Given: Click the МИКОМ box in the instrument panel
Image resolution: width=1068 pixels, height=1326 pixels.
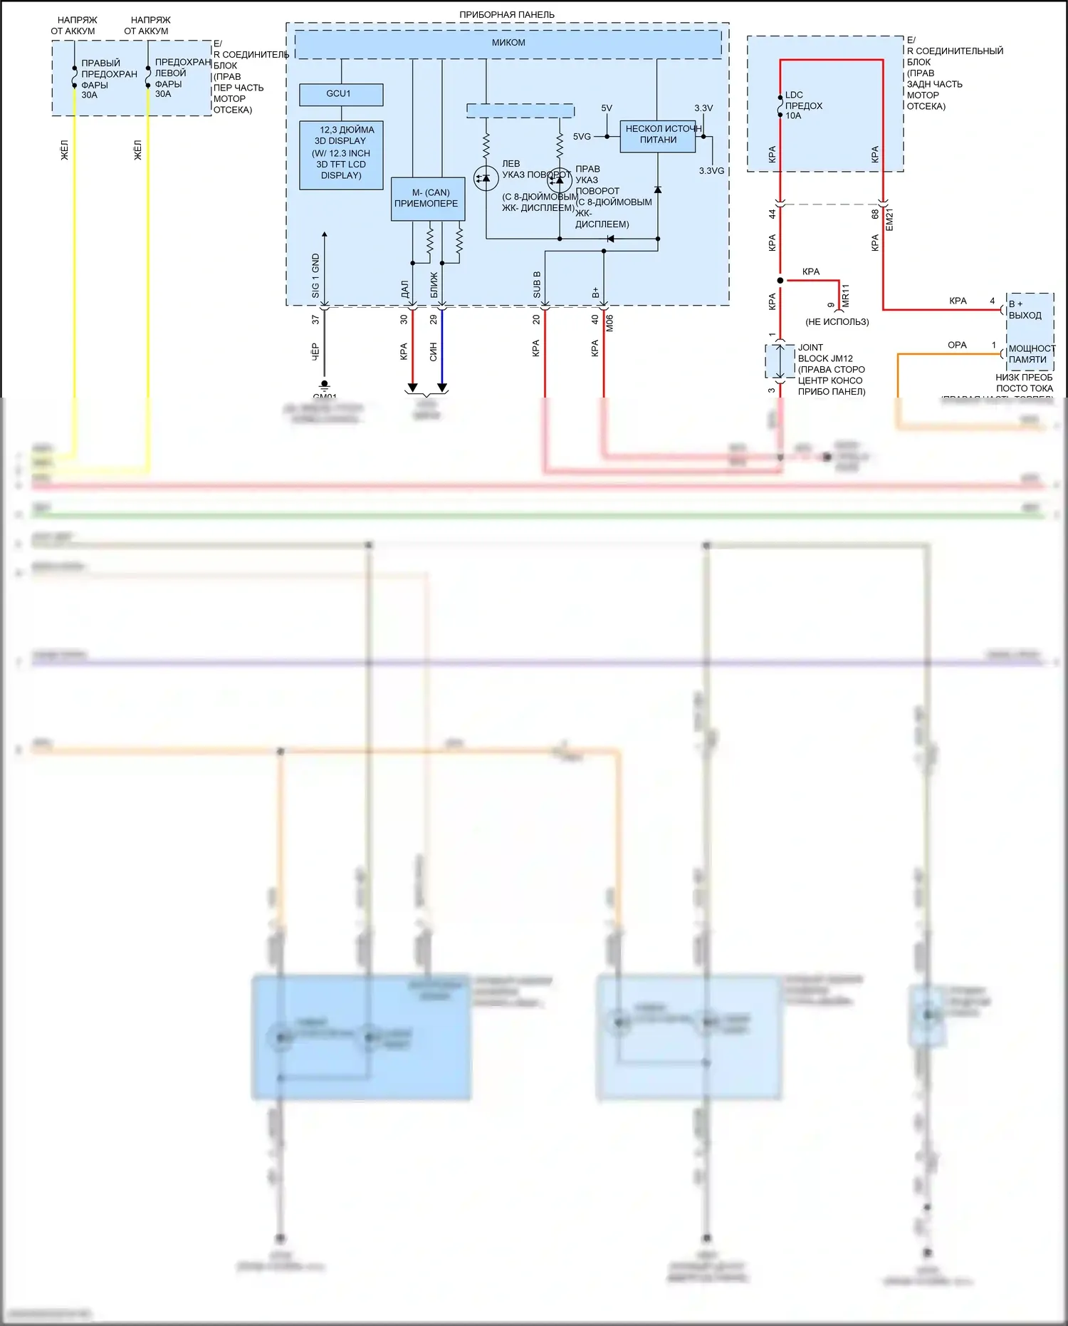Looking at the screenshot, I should [508, 43].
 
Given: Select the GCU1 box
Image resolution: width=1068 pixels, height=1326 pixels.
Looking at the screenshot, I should [340, 94].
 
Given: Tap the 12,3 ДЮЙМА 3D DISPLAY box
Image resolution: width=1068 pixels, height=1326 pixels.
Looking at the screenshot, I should [341, 153].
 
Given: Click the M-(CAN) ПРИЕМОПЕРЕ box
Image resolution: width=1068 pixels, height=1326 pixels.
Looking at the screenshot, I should [426, 199].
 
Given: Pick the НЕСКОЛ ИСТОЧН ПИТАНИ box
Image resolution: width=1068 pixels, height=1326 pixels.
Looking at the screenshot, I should [658, 135].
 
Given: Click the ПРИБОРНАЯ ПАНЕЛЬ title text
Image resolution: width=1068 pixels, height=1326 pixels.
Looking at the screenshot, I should [506, 14].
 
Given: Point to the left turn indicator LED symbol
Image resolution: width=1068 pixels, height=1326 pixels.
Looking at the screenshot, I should [486, 177].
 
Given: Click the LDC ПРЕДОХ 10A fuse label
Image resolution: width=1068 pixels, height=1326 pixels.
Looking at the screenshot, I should [803, 105].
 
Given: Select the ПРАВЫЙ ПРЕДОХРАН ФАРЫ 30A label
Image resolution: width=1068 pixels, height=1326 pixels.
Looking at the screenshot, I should [108, 79].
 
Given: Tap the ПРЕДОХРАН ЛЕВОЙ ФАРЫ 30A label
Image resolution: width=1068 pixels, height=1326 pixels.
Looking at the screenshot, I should [182, 78].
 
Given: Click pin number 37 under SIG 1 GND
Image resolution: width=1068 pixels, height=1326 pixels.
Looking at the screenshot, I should [315, 320].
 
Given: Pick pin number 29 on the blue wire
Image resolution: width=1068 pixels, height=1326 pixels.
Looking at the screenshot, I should [433, 320].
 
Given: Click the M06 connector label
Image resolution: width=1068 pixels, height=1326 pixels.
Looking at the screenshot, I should [609, 323].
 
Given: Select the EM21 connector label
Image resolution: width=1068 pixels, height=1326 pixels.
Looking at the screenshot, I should [889, 219].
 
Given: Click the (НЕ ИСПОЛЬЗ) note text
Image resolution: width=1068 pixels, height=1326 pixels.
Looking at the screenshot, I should [837, 322].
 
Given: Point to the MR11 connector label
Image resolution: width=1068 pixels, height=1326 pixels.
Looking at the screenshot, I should [846, 295].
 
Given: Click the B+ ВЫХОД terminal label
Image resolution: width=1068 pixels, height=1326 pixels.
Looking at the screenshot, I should [1025, 310].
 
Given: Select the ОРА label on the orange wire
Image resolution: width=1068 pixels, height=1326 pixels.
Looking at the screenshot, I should [957, 345].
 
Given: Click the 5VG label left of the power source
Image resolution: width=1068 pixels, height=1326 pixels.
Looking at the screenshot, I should [582, 137].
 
